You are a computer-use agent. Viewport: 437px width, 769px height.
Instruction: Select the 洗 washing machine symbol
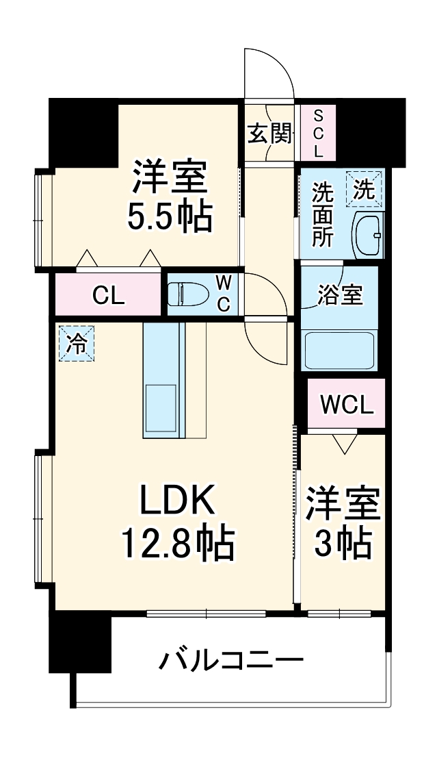coord(365,188)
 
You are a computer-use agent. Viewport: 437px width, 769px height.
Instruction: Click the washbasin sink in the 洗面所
coord(368,236)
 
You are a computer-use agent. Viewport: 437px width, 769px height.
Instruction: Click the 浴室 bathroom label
coord(340,297)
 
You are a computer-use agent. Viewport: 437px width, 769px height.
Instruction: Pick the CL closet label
coord(109,296)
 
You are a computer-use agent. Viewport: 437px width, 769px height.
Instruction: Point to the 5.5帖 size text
coord(169,217)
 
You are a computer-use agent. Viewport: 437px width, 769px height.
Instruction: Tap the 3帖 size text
coord(343,544)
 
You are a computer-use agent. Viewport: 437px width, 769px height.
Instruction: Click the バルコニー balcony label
coord(232,661)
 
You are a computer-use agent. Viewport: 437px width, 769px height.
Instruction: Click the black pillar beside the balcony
coord(80,644)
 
